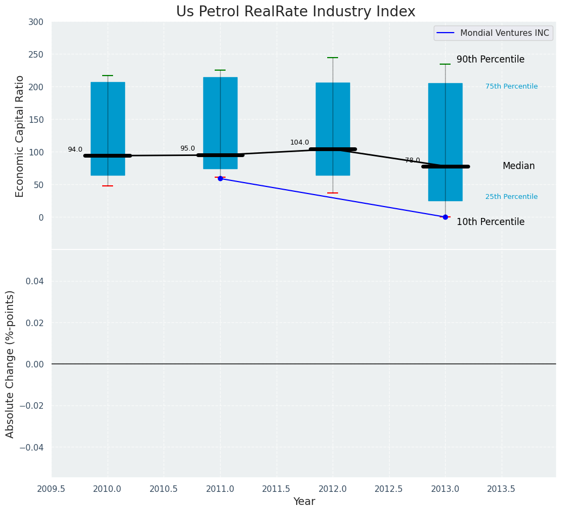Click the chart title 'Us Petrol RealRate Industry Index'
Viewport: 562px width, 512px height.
[295, 12]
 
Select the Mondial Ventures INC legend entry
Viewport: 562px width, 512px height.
[494, 33]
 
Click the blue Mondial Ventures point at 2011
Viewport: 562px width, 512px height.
[220, 178]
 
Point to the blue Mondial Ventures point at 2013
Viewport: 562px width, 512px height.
[445, 217]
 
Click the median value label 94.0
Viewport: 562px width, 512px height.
[75, 149]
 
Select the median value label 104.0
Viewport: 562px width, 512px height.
[299, 142]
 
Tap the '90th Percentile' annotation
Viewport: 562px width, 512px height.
[490, 60]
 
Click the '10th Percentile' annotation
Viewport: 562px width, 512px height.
[490, 222]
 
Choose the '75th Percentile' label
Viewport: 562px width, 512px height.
[511, 86]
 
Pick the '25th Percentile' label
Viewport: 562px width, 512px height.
[511, 197]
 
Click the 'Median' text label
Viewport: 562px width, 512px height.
[519, 166]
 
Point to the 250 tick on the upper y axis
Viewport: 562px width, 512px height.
[36, 54]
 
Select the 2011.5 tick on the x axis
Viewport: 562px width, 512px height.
[277, 489]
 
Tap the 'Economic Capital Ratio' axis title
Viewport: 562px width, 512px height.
[20, 136]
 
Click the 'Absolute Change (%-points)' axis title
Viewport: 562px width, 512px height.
[10, 364]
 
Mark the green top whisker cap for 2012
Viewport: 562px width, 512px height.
[333, 58]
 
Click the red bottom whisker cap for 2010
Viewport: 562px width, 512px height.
[108, 186]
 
